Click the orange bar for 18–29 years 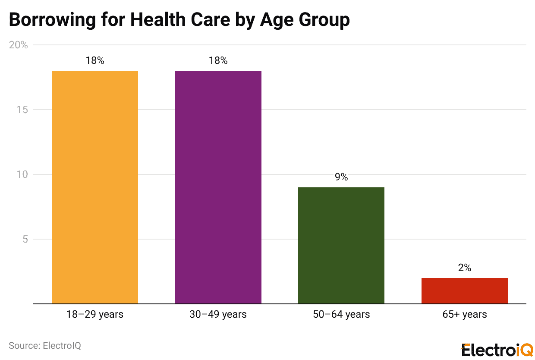[x=95, y=187]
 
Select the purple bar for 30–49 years [x=218, y=187]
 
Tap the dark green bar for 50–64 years [x=341, y=245]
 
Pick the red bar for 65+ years [x=464, y=291]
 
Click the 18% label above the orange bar [x=95, y=61]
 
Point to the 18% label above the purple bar [x=218, y=61]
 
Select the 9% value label [x=341, y=177]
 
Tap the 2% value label [x=464, y=268]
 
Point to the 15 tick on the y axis [x=22, y=110]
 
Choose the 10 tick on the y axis [x=22, y=174]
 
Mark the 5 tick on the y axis [x=25, y=239]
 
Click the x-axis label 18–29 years [x=95, y=314]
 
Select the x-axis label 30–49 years [x=218, y=314]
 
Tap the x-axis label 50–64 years [x=341, y=314]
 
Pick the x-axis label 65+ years [x=464, y=314]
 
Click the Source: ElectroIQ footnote [x=45, y=346]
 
